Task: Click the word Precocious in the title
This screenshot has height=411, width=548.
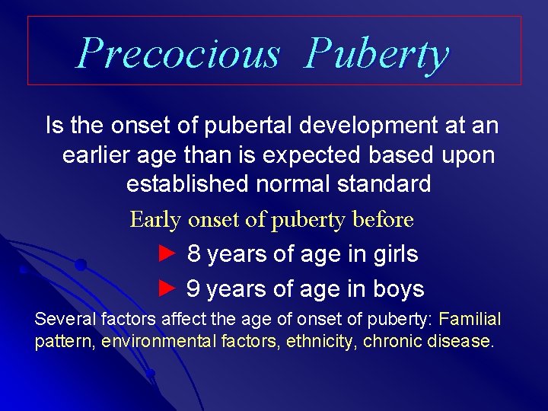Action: [178, 53]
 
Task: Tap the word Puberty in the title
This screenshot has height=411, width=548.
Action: [377, 55]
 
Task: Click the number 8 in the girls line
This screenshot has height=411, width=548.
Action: [194, 254]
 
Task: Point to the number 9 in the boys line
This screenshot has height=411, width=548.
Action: [193, 289]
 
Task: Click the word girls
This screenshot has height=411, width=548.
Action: [393, 254]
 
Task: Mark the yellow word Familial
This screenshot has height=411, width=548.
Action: [470, 318]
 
